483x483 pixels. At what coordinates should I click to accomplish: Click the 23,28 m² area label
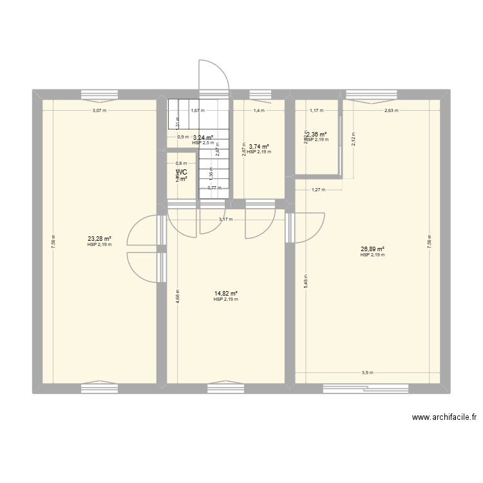coord(100,240)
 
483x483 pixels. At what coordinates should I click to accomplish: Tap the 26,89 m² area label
coord(372,249)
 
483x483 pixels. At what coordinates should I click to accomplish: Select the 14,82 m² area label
coord(225,294)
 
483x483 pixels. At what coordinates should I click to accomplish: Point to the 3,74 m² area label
coord(258,147)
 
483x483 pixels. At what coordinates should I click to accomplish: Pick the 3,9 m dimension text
coord(366,372)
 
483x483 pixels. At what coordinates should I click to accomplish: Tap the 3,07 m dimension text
coord(99,110)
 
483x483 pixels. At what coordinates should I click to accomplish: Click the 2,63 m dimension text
coord(391,110)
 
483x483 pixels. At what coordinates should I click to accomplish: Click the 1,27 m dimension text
coord(318,189)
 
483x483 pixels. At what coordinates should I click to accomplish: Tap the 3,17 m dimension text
coord(225,220)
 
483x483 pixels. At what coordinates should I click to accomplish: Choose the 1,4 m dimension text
coord(258,110)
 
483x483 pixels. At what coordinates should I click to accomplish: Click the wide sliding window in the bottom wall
coord(365,388)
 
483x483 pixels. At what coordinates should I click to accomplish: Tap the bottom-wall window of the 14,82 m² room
coord(225,388)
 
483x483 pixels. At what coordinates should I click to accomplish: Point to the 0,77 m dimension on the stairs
coord(212,187)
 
